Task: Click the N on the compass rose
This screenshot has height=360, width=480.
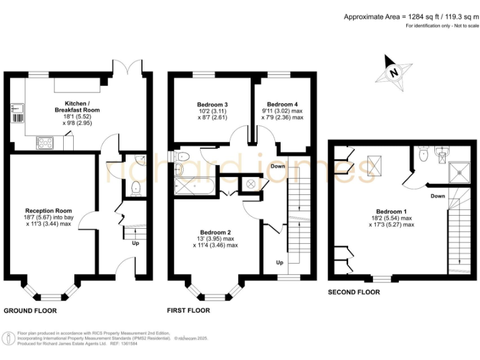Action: (x=394, y=72)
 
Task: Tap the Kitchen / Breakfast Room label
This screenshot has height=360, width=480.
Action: (x=82, y=106)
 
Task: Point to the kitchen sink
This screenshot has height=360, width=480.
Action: (x=19, y=112)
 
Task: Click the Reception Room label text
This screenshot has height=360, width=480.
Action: (x=48, y=211)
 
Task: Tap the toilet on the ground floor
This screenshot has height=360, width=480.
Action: (x=136, y=186)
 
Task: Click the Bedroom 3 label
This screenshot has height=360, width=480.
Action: (x=212, y=104)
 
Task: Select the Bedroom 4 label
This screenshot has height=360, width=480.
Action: (x=282, y=104)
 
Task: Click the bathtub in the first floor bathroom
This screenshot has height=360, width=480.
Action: (x=195, y=185)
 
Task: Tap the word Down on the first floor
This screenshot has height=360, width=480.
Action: (x=279, y=166)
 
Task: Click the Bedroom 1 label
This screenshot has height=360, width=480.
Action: (x=391, y=211)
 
